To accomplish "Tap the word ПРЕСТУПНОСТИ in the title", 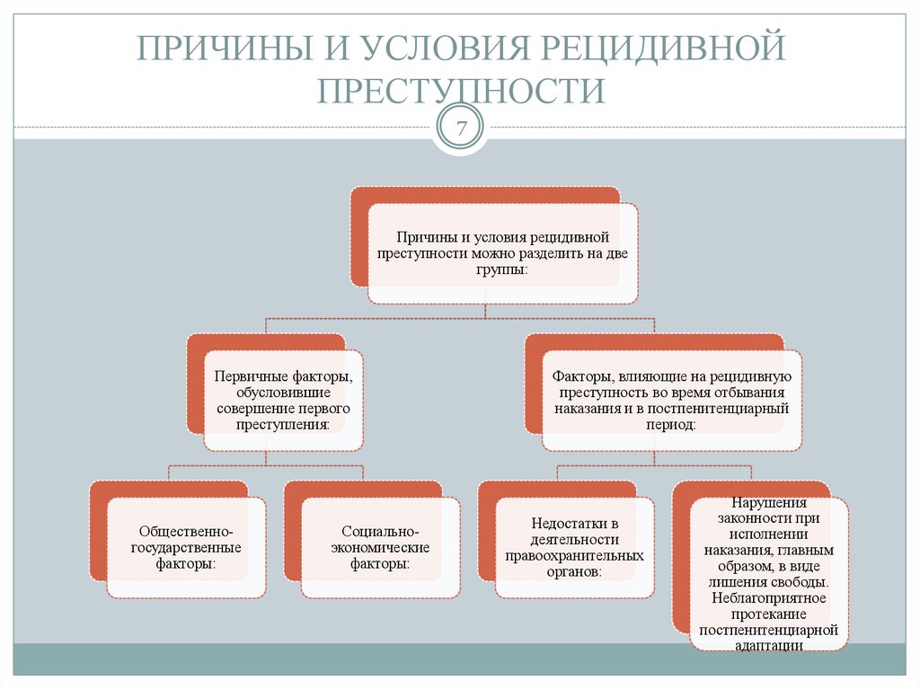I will [x=460, y=92].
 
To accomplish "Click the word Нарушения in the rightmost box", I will [x=769, y=503].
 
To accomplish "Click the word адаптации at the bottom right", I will [x=768, y=645].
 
